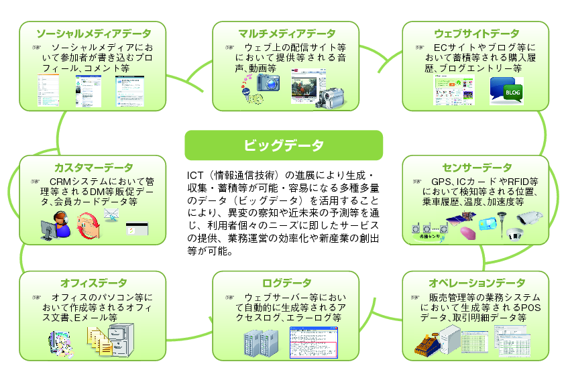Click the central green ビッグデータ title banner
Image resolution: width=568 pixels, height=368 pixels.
tap(284, 145)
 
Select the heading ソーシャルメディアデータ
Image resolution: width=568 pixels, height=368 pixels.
tap(93, 33)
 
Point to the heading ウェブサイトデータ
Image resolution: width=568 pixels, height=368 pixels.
tap(476, 33)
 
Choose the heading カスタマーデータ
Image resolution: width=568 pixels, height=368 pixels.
tap(93, 167)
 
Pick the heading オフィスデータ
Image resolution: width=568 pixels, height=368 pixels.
tap(93, 283)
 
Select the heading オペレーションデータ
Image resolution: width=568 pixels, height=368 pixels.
tap(476, 283)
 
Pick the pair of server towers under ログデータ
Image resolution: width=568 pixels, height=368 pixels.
tap(260, 343)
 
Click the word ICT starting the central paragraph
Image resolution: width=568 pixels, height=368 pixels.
tap(195, 176)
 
